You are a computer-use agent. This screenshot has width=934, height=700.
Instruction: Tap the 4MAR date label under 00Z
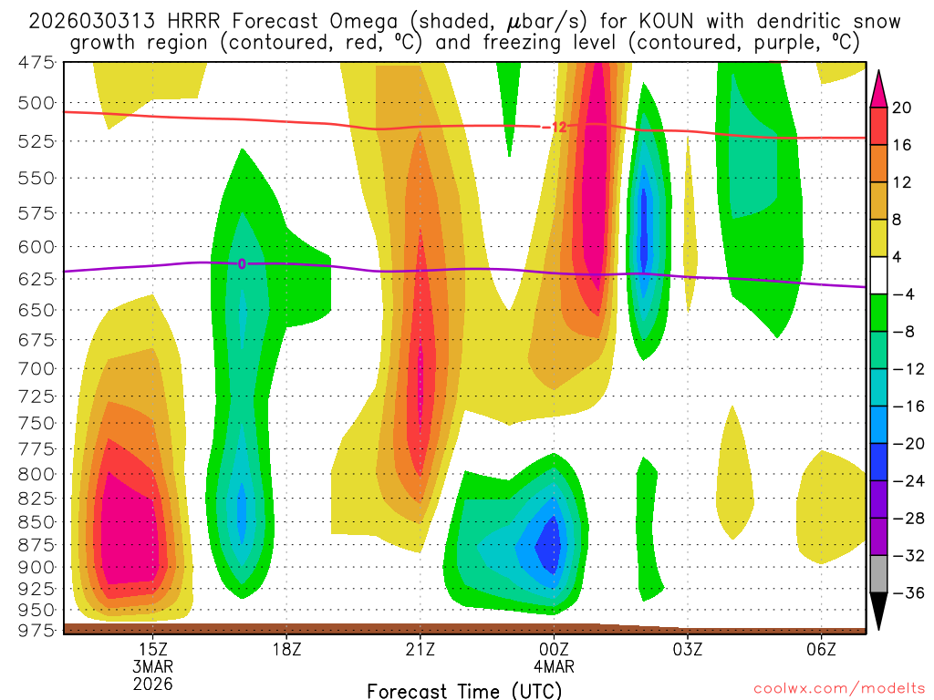554,665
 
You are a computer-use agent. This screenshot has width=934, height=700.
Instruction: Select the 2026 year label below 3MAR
152,683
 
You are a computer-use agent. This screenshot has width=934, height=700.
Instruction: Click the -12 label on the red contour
555,128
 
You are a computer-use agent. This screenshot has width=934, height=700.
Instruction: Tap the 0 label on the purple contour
242,264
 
